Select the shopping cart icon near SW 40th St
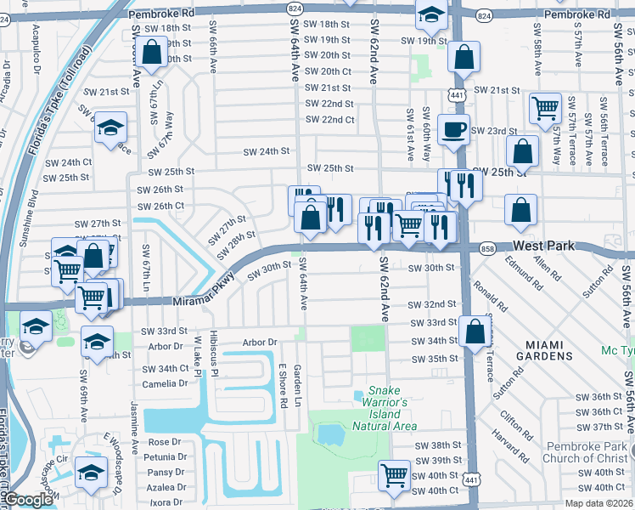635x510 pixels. tap(394, 474)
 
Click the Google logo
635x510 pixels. tap(27, 500)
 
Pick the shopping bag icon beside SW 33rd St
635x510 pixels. tap(475, 331)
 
